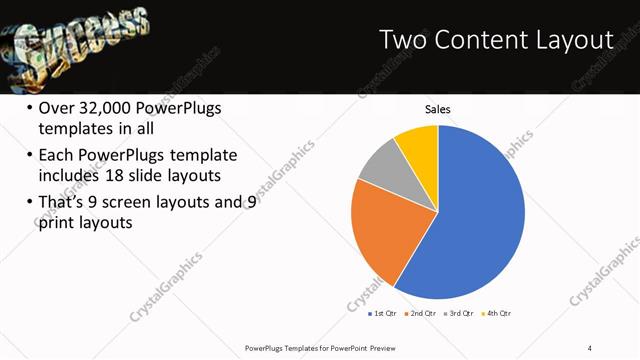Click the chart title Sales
[x=438, y=109]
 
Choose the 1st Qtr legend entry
[x=382, y=314]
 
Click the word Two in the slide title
[x=406, y=39]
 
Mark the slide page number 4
[x=590, y=347]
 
